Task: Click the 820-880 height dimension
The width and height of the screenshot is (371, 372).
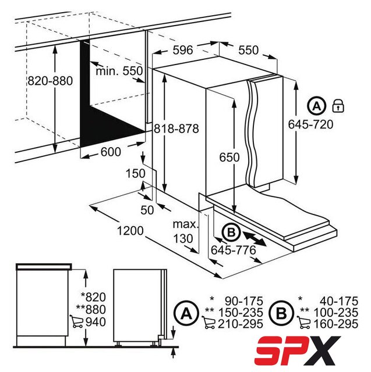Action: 50,81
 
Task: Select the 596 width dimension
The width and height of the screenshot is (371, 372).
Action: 183,50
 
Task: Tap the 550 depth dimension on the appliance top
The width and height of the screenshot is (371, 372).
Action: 248,50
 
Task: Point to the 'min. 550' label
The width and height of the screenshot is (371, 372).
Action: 119,71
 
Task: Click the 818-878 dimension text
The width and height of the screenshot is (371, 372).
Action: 176,129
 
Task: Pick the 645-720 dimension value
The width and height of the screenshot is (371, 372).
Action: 310,124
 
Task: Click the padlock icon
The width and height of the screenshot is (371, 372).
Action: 338,106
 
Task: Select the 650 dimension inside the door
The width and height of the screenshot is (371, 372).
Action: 229,158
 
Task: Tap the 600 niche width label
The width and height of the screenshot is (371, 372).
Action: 111,152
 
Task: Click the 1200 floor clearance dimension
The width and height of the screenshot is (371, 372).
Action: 130,231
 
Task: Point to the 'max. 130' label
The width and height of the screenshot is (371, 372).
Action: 185,231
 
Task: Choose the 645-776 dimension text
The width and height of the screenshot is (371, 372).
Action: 234,250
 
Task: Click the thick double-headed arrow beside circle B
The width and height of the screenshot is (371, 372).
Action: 254,239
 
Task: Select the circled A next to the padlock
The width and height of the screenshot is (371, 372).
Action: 316,106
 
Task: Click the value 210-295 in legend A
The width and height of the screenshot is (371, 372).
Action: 241,324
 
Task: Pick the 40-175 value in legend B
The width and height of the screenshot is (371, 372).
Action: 339,301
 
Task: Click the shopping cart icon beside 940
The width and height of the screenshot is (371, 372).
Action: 76,321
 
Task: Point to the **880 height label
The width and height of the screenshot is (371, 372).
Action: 91,310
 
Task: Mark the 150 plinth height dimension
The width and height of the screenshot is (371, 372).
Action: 135,173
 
